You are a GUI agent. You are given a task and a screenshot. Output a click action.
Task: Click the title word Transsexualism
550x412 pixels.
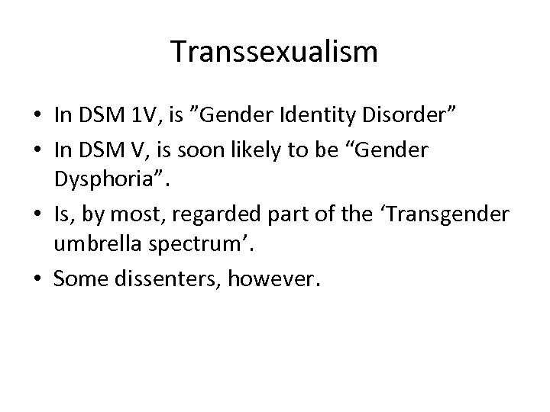click(274, 52)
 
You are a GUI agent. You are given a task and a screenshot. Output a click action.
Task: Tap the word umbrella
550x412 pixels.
click(97, 247)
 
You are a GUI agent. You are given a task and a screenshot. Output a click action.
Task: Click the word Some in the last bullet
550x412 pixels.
click(79, 281)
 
